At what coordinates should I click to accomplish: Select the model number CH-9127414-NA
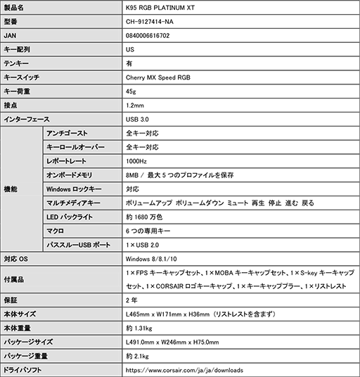(150, 21)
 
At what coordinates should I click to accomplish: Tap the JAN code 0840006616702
(148, 35)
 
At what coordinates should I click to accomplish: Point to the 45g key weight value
(131, 91)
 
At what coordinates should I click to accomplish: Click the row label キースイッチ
(22, 77)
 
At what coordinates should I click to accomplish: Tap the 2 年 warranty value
(131, 300)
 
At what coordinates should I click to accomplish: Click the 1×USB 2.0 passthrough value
(144, 245)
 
